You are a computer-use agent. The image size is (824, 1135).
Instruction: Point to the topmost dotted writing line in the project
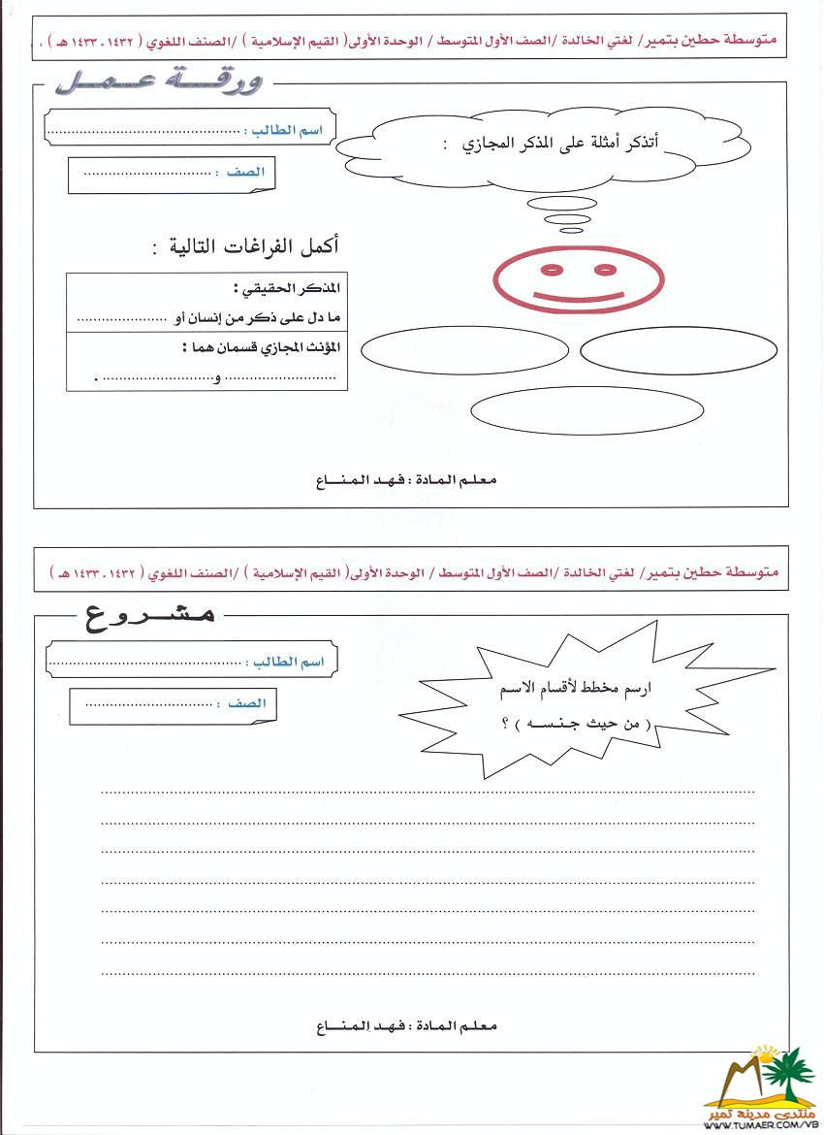click(x=427, y=792)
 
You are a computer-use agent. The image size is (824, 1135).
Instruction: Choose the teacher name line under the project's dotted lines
click(x=407, y=1025)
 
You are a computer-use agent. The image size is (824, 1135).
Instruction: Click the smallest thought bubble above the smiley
click(x=572, y=230)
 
